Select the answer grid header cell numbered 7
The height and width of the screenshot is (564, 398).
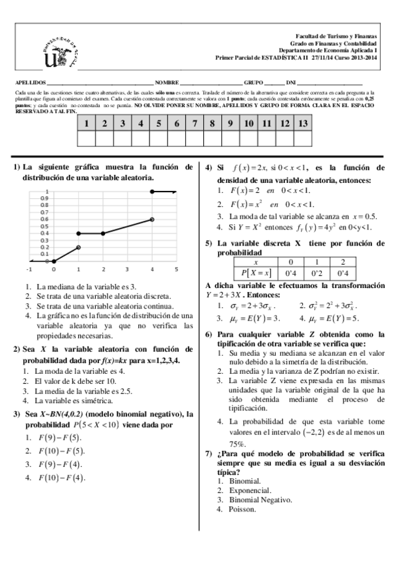pyautogui.click(x=194, y=123)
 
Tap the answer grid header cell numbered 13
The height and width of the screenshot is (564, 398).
pyautogui.click(x=303, y=123)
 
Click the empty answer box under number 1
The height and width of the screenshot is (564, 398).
pyautogui.click(x=86, y=138)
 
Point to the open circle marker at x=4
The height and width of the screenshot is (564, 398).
pyautogui.click(x=152, y=219)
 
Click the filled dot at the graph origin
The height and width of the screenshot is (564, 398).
pyautogui.click(x=54, y=261)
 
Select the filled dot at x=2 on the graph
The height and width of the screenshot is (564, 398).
pyautogui.click(x=103, y=233)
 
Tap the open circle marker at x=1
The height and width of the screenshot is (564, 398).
pyautogui.click(x=78, y=247)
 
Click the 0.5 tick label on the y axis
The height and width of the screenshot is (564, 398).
pyautogui.click(x=45, y=226)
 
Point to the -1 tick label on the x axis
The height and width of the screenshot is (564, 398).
pyautogui.click(x=29, y=269)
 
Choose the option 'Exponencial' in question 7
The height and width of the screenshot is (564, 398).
pyautogui.click(x=246, y=490)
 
